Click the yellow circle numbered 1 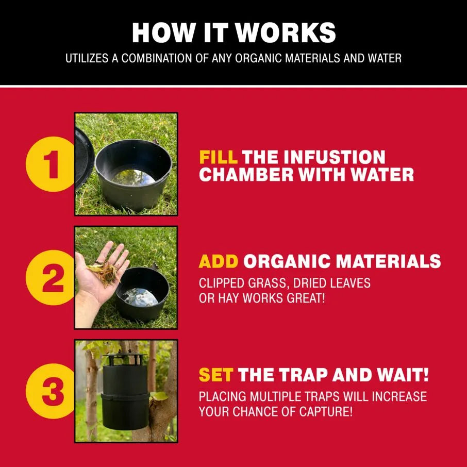(50, 164)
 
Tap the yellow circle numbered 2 (50, 278)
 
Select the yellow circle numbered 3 (50, 391)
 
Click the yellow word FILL (219, 157)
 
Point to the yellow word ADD (219, 261)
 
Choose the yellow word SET (216, 375)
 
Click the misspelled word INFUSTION (335, 157)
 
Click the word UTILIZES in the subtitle (87, 58)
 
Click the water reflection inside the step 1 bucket (133, 177)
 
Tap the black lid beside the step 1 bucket (85, 158)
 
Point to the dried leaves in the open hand (105, 273)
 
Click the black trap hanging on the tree (125, 391)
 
